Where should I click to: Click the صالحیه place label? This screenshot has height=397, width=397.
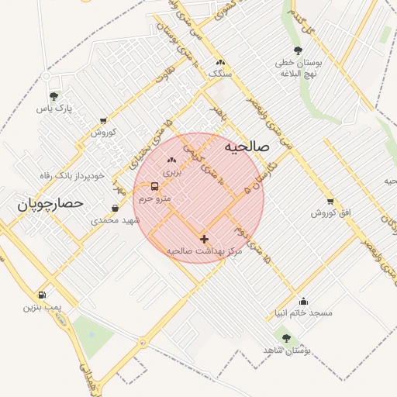click(246, 146)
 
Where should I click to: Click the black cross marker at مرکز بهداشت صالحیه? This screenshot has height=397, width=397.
click(204, 240)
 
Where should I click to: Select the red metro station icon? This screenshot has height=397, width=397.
click(154, 187)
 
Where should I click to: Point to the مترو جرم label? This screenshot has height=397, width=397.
click(154, 198)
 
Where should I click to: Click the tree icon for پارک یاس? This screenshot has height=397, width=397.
click(54, 97)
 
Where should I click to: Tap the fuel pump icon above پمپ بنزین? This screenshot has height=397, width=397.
click(41, 295)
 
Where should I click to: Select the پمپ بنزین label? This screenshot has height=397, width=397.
click(41, 307)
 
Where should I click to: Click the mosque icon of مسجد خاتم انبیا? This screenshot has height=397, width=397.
click(302, 301)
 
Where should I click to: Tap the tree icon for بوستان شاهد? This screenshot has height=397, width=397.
click(287, 338)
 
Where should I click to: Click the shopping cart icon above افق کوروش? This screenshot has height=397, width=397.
click(331, 200)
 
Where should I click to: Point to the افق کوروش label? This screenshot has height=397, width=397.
click(331, 212)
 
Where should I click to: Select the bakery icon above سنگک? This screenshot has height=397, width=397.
click(221, 61)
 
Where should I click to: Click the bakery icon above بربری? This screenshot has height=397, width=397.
click(171, 160)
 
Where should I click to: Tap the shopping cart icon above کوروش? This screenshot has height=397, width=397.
click(103, 120)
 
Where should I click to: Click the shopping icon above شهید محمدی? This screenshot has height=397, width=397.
click(116, 208)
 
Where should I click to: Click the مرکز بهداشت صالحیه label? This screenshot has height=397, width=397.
click(205, 252)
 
